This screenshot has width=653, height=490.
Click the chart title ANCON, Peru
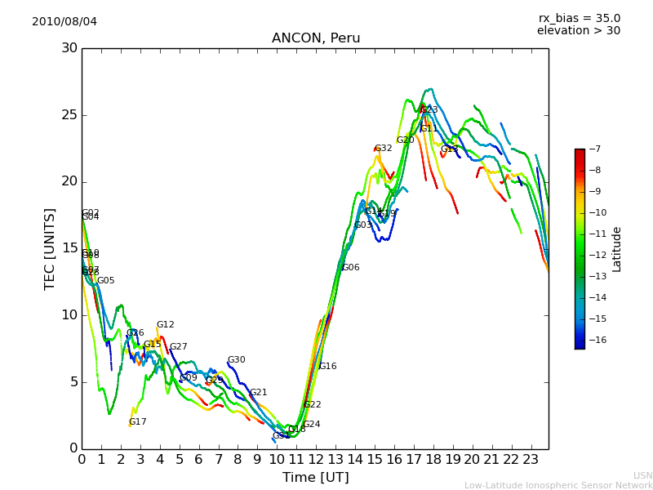(x=315, y=38)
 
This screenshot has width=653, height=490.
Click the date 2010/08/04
(x=64, y=21)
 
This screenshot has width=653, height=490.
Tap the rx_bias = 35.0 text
(x=579, y=18)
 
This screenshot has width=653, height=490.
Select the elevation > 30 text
(x=578, y=31)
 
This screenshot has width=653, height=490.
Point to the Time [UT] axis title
(x=315, y=478)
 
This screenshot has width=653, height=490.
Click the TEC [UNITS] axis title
(x=50, y=248)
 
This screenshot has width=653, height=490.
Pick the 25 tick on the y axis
(x=69, y=115)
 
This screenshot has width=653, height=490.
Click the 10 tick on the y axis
(x=69, y=315)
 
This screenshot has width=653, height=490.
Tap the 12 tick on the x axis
(x=316, y=460)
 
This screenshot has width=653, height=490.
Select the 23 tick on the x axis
(x=531, y=460)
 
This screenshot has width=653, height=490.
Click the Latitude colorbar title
(x=617, y=249)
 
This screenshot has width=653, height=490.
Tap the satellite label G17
(x=138, y=422)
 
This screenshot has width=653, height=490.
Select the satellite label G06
(x=351, y=268)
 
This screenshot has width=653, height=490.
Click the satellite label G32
(x=384, y=149)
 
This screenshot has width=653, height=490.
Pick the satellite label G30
(x=237, y=360)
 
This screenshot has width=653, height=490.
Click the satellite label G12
(x=166, y=325)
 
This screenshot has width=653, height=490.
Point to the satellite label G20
(x=406, y=140)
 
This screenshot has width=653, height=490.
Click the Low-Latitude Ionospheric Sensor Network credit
(x=558, y=486)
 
